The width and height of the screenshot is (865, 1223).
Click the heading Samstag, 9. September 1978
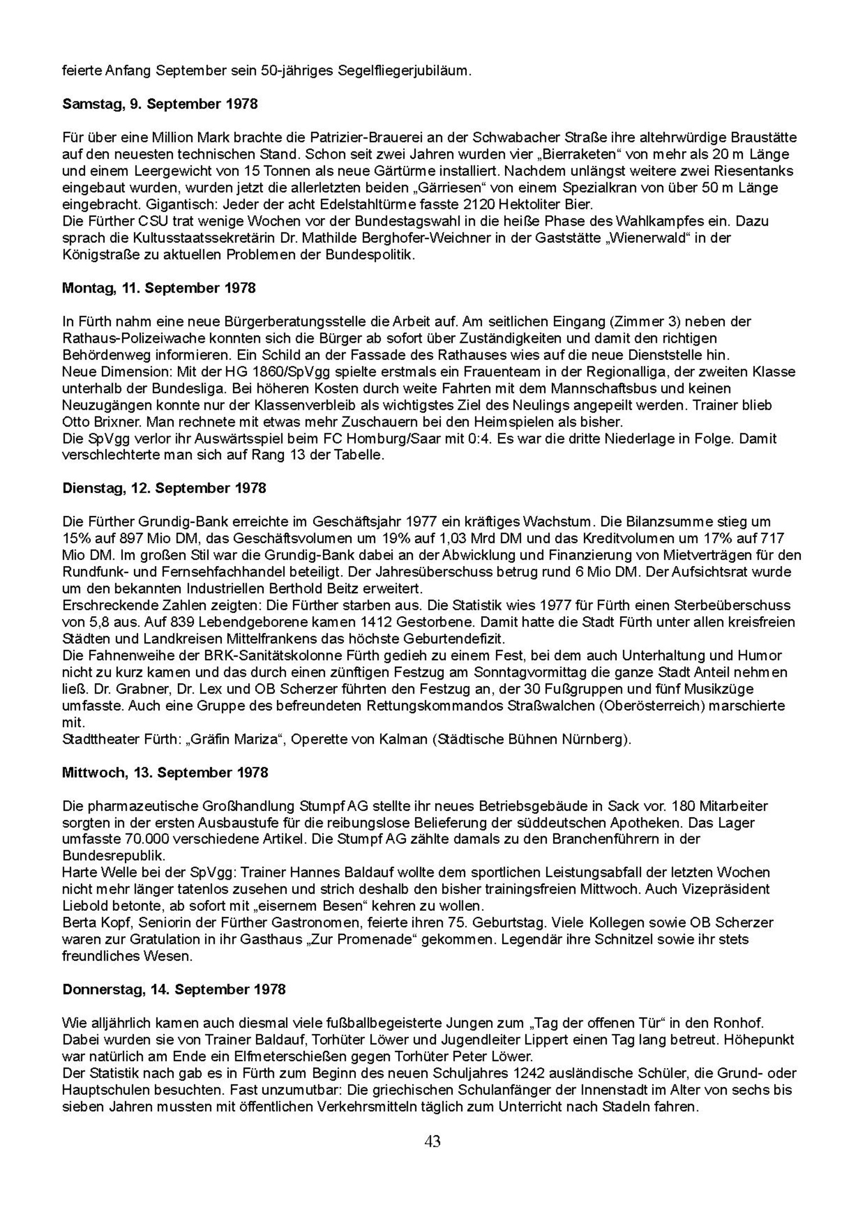click(x=159, y=104)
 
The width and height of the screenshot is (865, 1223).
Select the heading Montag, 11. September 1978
click(x=158, y=288)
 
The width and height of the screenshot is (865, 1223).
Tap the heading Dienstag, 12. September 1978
click(x=164, y=488)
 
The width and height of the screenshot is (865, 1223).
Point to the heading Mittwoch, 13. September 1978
click(x=165, y=772)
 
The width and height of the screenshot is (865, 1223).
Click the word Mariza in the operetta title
click(x=253, y=739)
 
